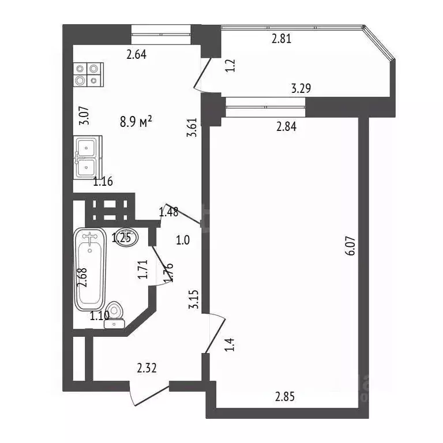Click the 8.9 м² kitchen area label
click(x=136, y=121)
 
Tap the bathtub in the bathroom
click(x=89, y=268)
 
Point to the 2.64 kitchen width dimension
click(x=137, y=55)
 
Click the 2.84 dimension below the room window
click(x=286, y=127)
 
